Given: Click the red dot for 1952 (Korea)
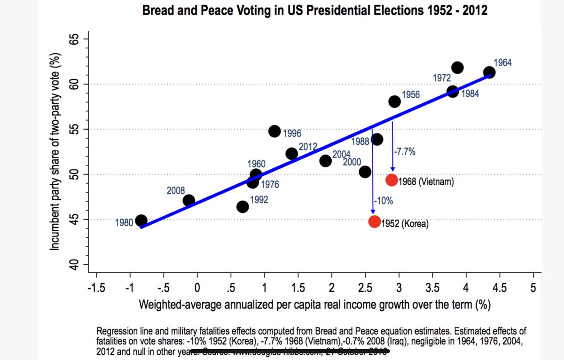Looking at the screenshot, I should tap(375, 221).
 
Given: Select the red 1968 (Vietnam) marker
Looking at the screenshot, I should tap(392, 180).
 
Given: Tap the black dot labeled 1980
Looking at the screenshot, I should tap(141, 220).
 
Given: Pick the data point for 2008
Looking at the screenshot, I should tap(189, 200).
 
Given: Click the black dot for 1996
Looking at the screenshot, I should tap(275, 131).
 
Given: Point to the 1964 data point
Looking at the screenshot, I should tap(489, 72).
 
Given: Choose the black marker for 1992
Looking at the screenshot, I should tap(243, 207).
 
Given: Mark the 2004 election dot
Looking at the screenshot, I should tap(325, 161).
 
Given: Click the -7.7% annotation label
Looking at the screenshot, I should tap(405, 152).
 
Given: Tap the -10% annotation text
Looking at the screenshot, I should tap(383, 201).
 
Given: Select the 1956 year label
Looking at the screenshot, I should tap(411, 95).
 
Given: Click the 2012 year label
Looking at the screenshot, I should tap(308, 146).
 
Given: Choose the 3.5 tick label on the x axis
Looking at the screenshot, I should tap(432, 287).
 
